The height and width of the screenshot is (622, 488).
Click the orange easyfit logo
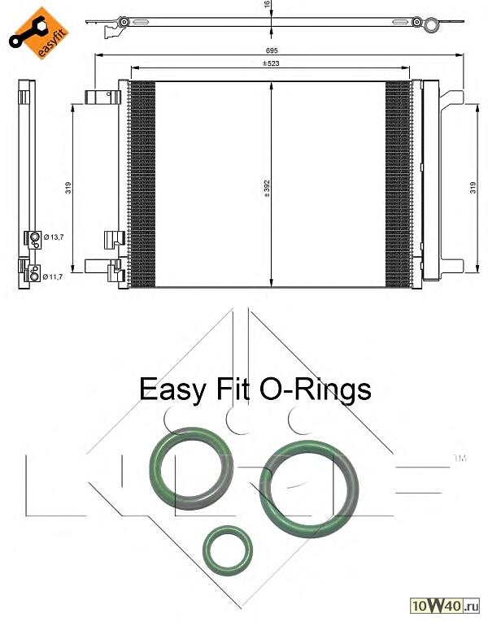39,33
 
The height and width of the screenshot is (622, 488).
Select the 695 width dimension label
272,50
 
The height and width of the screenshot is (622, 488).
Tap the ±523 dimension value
271,63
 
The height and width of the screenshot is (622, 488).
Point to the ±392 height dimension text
267,189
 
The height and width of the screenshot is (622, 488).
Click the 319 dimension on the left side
68,188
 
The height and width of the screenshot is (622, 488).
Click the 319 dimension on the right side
473,188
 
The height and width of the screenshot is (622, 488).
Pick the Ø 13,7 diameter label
54,237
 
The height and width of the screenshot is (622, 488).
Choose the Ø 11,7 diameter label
53,277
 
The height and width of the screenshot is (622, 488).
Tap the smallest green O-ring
228,550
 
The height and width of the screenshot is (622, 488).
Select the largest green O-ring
309,489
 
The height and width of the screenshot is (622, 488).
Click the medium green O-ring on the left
191,468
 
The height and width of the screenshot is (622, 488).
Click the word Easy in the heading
172,390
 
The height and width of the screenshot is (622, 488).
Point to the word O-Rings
316,389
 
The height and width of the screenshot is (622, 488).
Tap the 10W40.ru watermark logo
445,606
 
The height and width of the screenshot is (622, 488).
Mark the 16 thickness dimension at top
267,4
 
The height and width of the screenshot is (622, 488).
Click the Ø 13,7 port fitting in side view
34,239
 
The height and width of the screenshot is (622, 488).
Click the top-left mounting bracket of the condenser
102,98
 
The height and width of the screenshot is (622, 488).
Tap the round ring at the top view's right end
432,25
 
